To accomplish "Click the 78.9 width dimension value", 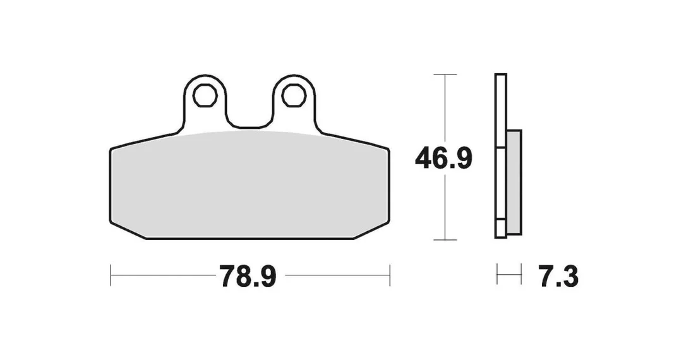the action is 248,276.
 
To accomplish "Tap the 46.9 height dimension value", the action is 443,159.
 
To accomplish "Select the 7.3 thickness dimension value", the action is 559,276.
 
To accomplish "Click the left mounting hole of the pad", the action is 205,95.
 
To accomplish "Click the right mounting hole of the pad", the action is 294,95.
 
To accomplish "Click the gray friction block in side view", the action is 514,182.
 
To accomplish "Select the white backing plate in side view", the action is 501,156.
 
